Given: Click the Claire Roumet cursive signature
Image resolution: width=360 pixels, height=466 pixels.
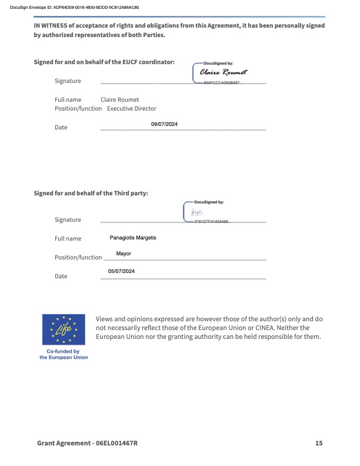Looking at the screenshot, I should pos(224,72).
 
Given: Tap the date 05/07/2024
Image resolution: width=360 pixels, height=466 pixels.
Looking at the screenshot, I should pos(122,271).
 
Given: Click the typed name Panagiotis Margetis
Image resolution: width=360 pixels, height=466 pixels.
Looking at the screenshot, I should pos(133,238).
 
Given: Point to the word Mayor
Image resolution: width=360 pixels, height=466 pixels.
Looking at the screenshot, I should pos(124,254).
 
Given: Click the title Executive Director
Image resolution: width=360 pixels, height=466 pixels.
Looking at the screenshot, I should pos(132,108).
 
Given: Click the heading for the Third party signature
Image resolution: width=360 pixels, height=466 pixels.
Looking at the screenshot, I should pos(91,192).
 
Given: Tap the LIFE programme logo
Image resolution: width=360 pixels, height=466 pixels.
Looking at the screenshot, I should pos(64,329).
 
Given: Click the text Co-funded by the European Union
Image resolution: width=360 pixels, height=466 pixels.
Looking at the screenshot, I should pos(64,354).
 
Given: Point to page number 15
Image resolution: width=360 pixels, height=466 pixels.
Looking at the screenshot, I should pos(319,443).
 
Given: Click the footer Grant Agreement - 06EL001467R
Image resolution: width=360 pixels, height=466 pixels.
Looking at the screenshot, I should pos(87,443).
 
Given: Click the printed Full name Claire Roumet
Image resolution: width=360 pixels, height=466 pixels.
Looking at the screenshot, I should pos(119,100).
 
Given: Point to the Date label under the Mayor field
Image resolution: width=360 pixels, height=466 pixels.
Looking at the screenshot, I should pos(61,276).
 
